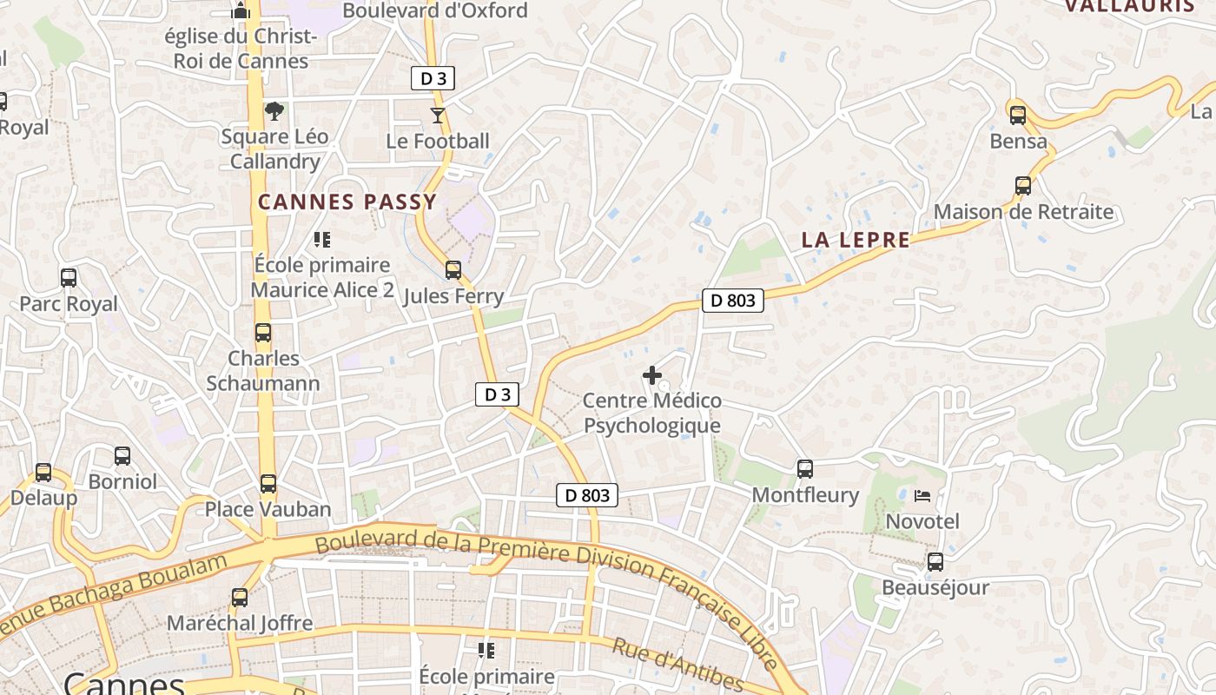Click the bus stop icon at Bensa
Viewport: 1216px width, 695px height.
pos(1017,115)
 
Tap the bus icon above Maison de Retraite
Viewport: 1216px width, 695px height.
pos(1023,186)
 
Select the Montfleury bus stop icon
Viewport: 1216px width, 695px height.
pos(805,469)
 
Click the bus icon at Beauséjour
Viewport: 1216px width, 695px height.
pos(935,562)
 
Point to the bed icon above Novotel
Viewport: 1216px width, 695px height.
pos(922,496)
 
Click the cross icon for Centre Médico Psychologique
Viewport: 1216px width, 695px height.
pos(651,375)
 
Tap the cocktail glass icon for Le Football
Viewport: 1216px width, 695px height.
pos(438,115)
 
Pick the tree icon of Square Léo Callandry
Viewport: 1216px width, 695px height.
pos(274,111)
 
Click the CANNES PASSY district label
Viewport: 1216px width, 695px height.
pos(347,202)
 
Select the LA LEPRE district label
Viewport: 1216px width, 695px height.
pos(856,241)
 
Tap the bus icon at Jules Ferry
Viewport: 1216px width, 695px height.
pos(453,270)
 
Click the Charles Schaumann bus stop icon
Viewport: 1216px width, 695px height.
pos(262,333)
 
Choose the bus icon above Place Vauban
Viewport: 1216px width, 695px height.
pos(268,484)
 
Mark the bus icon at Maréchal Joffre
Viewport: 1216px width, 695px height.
pos(239,598)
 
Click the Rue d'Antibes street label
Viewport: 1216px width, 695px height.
pos(677,665)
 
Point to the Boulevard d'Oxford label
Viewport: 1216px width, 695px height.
pos(435,10)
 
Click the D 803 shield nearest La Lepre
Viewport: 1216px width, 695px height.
pos(732,301)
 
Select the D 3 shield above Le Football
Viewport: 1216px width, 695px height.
pos(433,79)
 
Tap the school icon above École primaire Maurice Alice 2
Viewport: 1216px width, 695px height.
pos(322,239)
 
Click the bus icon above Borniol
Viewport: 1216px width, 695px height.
pos(122,456)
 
